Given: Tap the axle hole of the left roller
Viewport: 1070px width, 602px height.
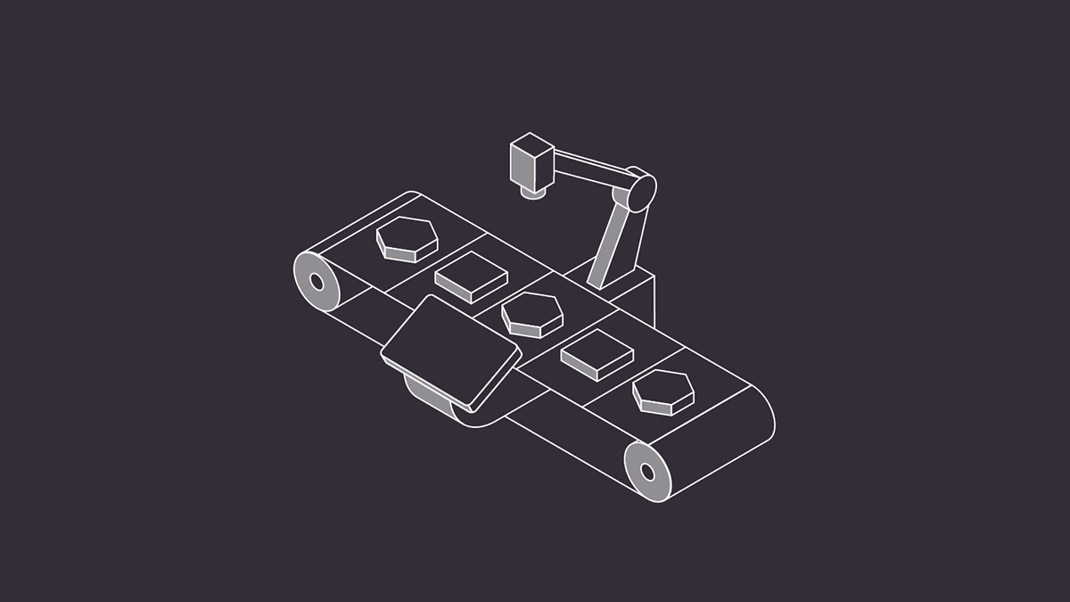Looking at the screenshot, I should [316, 282].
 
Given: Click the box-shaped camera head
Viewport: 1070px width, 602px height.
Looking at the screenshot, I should [532, 161].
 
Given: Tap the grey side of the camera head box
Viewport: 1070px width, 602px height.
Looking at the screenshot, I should [521, 167].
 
